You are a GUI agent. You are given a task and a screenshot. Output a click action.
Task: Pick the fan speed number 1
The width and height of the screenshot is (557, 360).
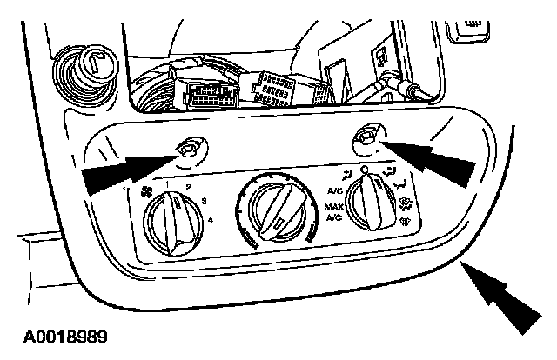(x=166, y=183)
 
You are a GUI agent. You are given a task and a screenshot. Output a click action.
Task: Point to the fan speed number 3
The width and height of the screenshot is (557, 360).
(x=204, y=202)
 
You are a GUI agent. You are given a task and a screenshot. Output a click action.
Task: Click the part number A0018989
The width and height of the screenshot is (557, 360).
(x=61, y=335)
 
